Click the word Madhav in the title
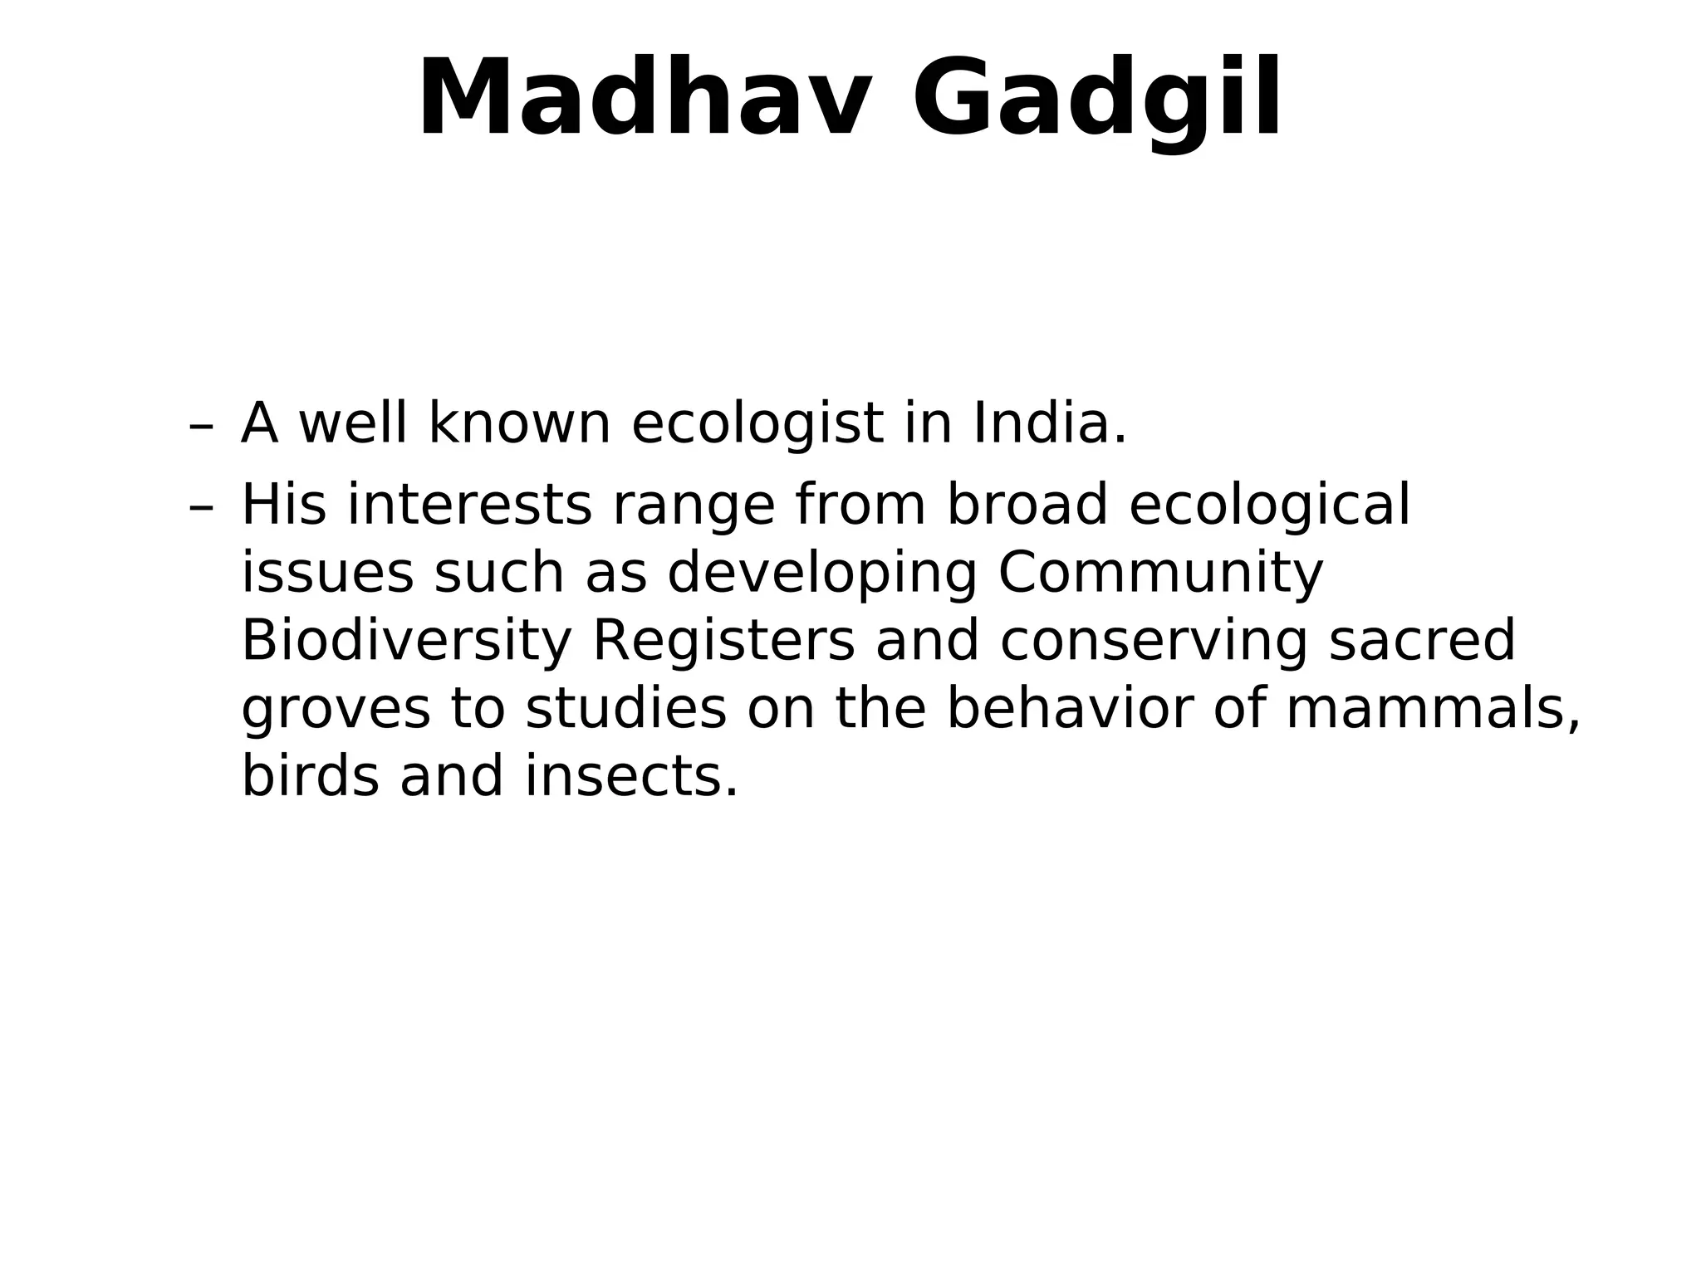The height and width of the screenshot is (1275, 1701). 645,98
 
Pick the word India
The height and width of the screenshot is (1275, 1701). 1049,423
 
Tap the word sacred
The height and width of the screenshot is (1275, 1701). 1422,642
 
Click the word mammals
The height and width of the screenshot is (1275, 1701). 1433,711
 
